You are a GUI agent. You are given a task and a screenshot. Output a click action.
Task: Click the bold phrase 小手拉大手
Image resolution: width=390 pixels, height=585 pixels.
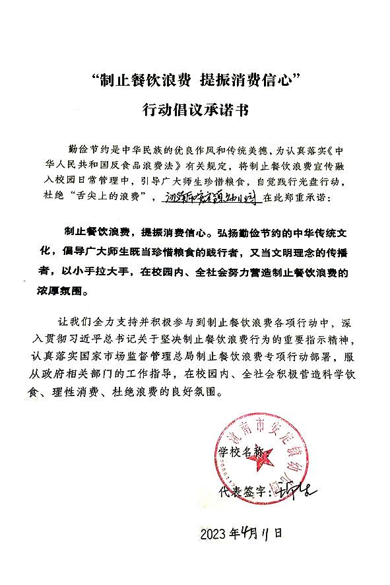(x=119, y=271)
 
